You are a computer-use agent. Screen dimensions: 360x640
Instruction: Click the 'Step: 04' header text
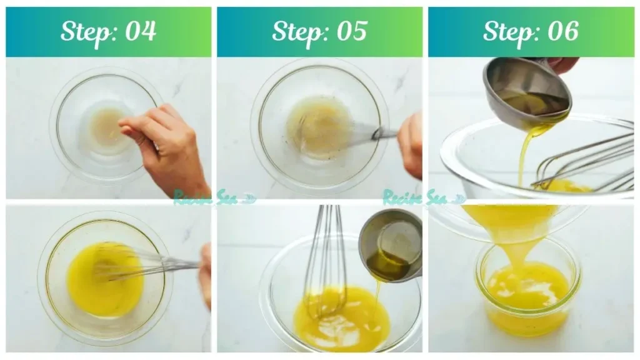click(x=108, y=31)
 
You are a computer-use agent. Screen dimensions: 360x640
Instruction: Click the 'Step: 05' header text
click(x=319, y=31)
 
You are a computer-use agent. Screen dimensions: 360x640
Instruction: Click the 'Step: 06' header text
click(x=531, y=31)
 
